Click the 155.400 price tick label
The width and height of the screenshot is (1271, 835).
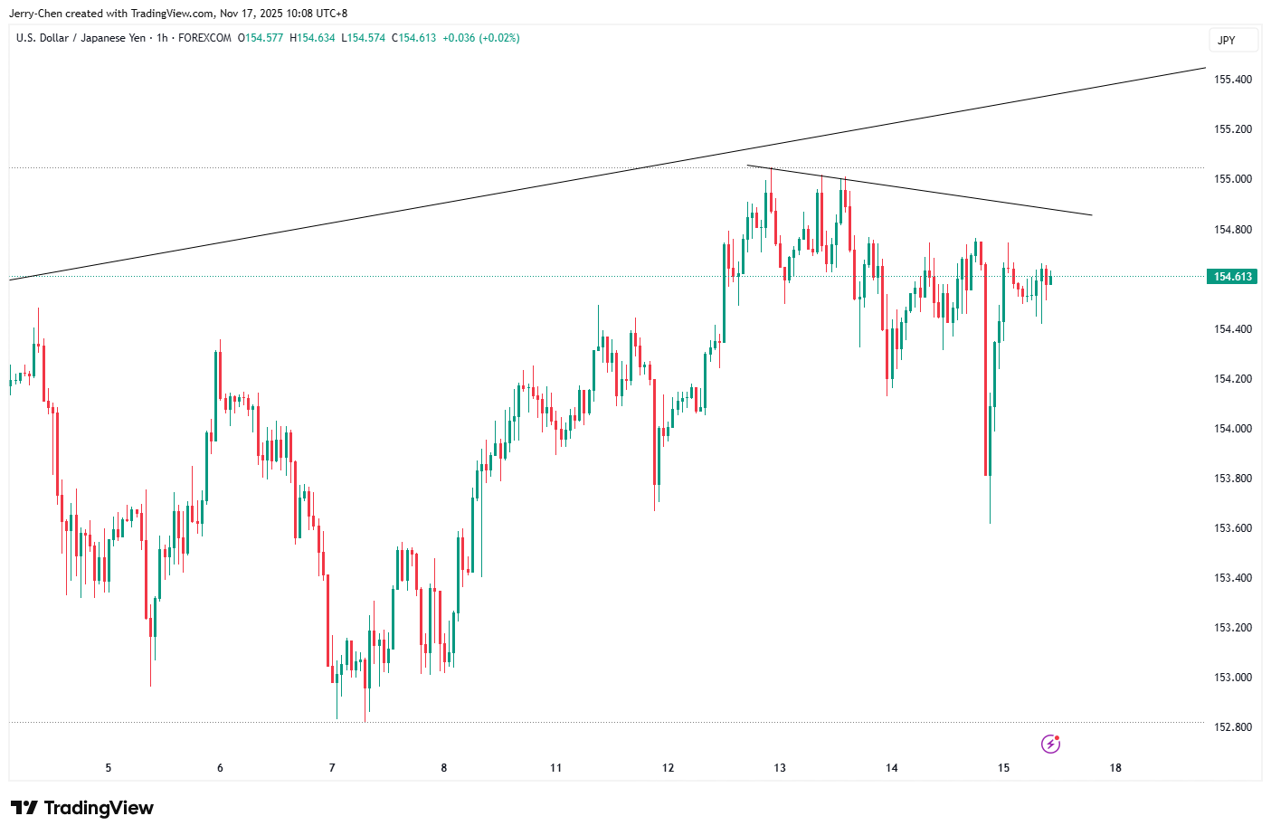click(1232, 80)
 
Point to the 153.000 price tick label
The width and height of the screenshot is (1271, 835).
click(1232, 678)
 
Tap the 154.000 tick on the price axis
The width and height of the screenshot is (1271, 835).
click(1232, 429)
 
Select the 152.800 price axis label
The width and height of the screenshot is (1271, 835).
click(1232, 727)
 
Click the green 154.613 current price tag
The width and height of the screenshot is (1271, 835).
click(1232, 277)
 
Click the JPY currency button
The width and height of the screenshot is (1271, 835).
click(1226, 41)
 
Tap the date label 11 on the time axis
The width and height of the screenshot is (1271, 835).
click(555, 768)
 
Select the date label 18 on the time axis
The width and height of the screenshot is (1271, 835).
click(1115, 768)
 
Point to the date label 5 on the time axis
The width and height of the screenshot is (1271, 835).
click(109, 768)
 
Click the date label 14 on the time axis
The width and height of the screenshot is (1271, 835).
click(891, 768)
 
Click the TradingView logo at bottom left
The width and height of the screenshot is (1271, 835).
click(82, 808)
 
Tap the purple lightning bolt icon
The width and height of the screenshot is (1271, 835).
click(1050, 744)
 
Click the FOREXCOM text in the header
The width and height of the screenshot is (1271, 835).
click(204, 38)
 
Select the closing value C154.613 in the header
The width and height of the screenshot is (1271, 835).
click(413, 38)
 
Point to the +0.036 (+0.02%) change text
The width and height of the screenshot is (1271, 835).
click(481, 38)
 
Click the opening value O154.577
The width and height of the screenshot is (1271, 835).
click(261, 38)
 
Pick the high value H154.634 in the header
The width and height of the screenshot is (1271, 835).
click(312, 38)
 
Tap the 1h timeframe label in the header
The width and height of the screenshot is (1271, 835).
click(162, 38)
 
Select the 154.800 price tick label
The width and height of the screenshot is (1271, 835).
click(1232, 230)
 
